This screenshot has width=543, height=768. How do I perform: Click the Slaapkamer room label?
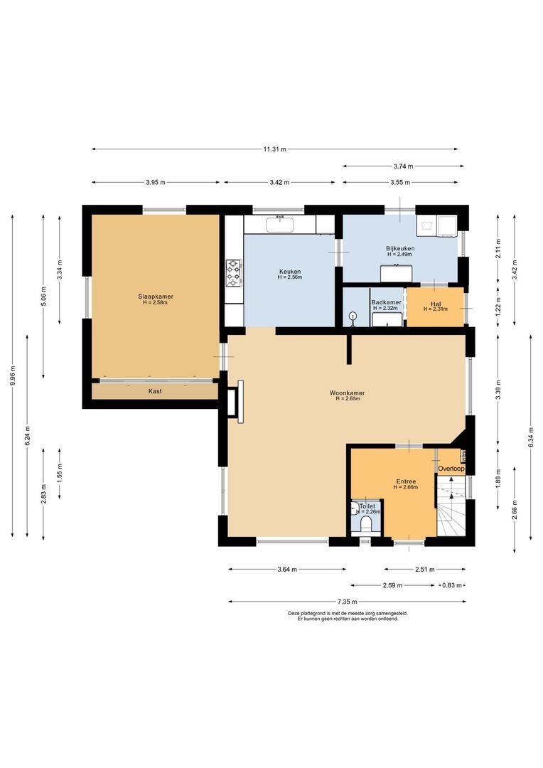point(156,297)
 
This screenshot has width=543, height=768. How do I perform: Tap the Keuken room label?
point(289,272)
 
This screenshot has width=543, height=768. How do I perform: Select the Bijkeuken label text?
point(400,248)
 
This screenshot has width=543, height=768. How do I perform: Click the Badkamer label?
point(386,302)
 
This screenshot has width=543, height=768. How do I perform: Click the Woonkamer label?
point(348,393)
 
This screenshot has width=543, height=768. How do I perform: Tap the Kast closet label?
point(154,391)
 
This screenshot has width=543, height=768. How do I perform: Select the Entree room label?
point(406,481)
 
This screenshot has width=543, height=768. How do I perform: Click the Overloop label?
point(451,469)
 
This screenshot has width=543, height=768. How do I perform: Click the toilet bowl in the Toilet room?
point(367,525)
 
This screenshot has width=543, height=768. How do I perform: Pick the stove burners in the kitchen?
point(234,273)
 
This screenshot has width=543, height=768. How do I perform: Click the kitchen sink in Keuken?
point(279,227)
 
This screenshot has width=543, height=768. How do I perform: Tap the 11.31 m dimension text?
point(274,149)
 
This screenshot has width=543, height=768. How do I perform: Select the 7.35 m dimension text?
point(348,602)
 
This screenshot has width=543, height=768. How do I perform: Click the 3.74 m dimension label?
point(403,166)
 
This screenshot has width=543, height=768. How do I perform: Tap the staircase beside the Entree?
point(451,508)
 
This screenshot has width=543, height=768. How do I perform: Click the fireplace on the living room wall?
point(235,401)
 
